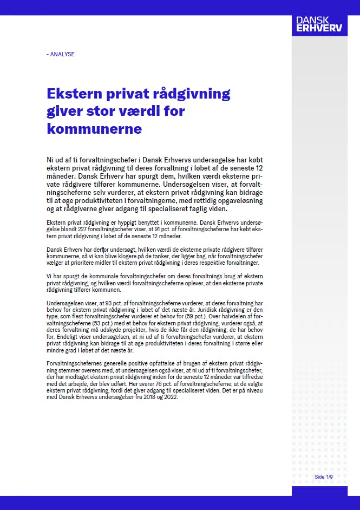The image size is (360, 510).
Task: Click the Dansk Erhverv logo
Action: click(x=319, y=24)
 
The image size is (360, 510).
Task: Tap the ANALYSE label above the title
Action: click(x=61, y=54)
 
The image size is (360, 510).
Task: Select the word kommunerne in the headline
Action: click(x=94, y=129)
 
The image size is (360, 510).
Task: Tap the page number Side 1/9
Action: click(x=323, y=476)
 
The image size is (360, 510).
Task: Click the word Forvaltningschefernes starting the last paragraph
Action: click(x=75, y=362)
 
